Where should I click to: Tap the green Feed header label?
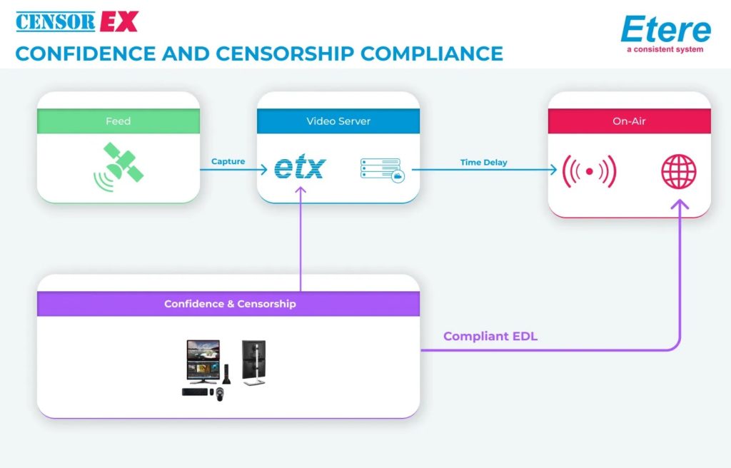[x=118, y=121]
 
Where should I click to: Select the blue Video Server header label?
[x=338, y=121]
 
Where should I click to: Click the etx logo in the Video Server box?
[x=300, y=168]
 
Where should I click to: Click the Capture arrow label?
[x=228, y=162]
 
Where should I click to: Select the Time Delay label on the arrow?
[x=483, y=163]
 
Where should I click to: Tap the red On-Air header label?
[x=629, y=121]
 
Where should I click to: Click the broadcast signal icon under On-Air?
[x=589, y=172]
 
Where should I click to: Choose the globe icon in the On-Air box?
[x=679, y=172]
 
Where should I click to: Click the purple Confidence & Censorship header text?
[x=230, y=304]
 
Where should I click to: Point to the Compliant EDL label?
[x=490, y=336]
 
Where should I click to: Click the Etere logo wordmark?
[x=665, y=31]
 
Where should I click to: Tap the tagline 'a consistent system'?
[x=665, y=50]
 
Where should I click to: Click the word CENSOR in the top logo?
[x=55, y=21]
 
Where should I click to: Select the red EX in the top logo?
[x=119, y=21]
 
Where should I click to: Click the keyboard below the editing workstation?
[x=195, y=392]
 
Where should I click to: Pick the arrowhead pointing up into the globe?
[x=679, y=204]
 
